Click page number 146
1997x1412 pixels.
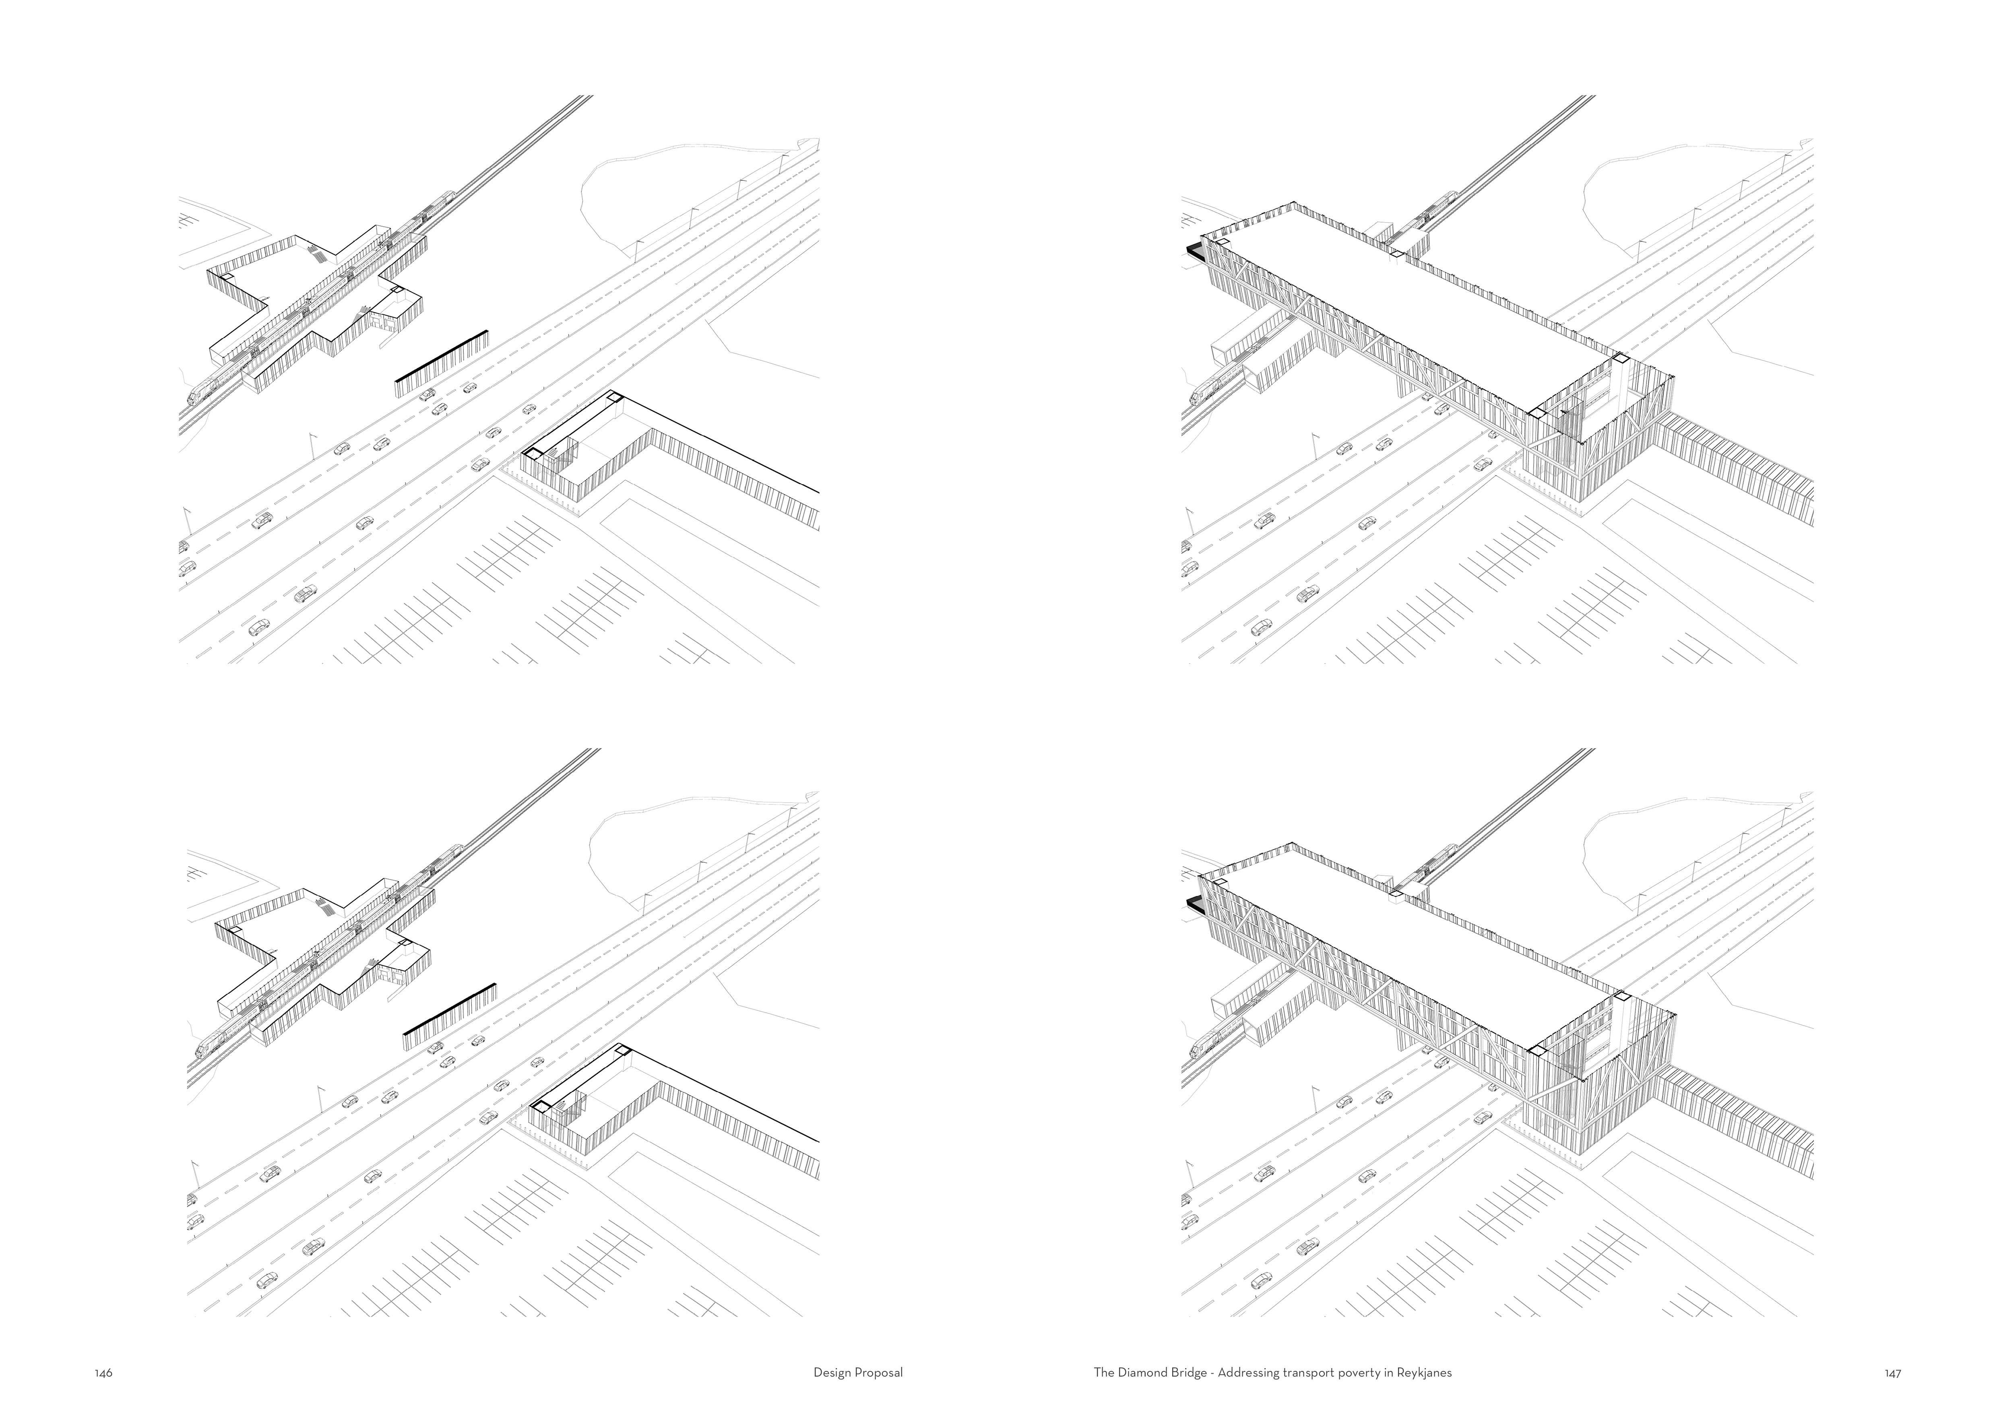[103, 1374]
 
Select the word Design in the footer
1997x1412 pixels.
[832, 1374]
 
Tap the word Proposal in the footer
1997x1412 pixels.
[879, 1374]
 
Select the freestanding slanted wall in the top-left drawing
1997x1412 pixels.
[442, 357]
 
